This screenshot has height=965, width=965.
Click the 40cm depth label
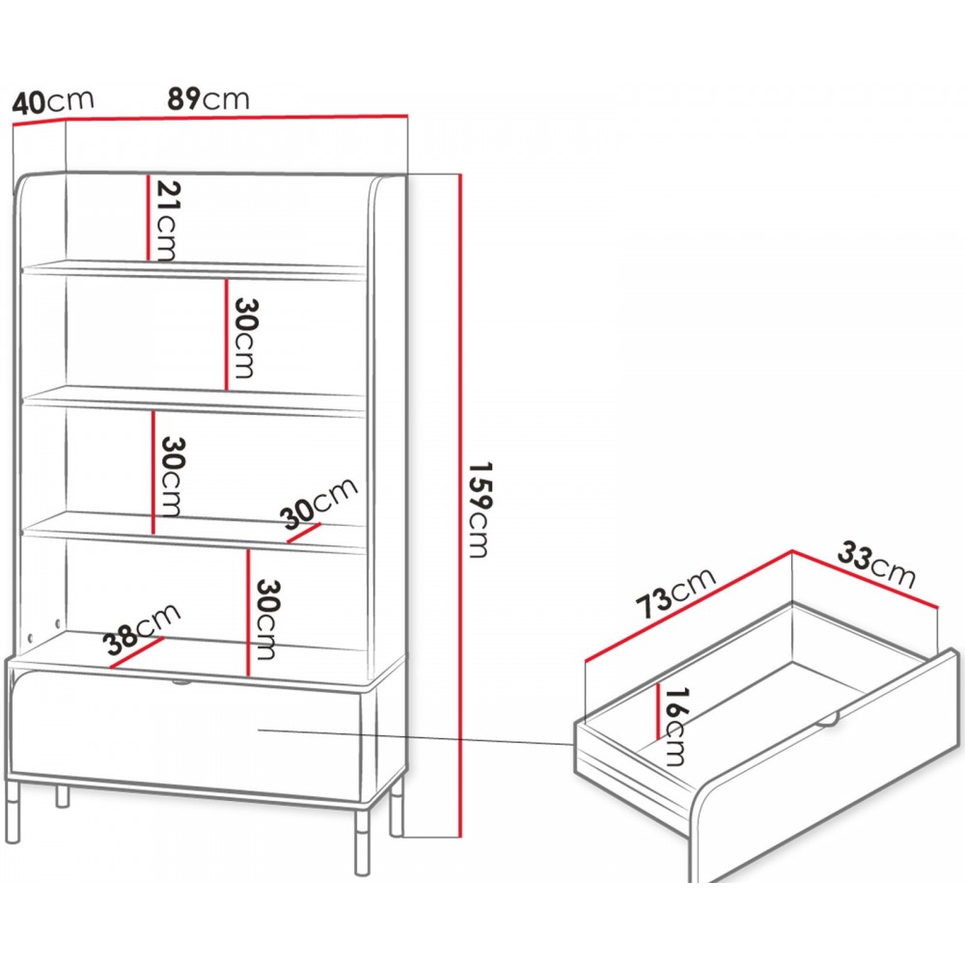click(53, 101)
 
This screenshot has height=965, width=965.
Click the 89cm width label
click(208, 98)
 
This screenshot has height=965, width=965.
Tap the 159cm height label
click(479, 509)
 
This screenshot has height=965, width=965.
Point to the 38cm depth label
click(143, 629)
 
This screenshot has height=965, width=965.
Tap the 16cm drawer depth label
click(674, 727)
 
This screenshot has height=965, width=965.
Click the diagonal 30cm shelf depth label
click(318, 503)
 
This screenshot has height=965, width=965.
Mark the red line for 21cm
click(149, 218)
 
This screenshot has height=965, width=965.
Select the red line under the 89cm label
click(237, 117)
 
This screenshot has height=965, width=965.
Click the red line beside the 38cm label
click(138, 653)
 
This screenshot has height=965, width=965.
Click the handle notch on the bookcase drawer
click(179, 683)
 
